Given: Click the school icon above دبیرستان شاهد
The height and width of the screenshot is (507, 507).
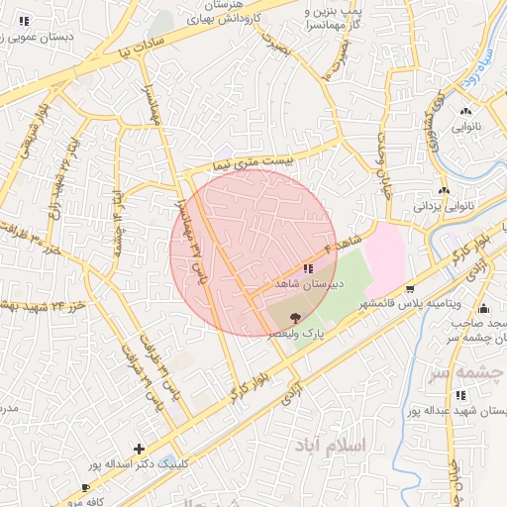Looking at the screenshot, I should (308, 268).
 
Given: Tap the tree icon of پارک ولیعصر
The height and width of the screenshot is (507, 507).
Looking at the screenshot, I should (294, 318).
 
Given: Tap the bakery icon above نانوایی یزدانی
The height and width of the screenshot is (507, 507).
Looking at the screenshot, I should (443, 191).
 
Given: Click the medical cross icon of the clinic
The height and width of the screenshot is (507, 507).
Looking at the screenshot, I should (139, 448).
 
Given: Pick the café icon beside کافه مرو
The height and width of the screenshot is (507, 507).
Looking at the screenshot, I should (85, 487).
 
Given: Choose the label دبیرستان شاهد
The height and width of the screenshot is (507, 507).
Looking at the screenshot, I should (310, 284).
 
